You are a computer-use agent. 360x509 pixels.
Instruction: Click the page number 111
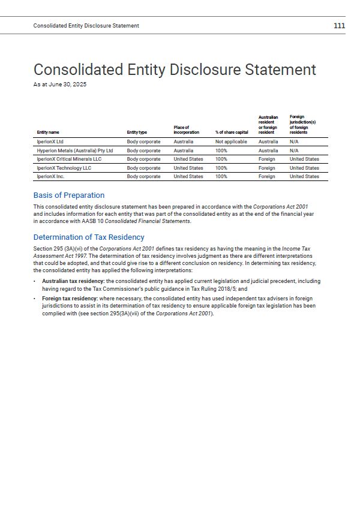[x=339, y=25]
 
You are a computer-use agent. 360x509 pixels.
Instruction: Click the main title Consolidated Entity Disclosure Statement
[x=175, y=70]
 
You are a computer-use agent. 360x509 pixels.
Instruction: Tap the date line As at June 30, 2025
[x=60, y=85]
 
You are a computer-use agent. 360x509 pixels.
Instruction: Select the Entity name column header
[x=48, y=132]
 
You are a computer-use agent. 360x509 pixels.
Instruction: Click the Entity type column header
[x=137, y=132]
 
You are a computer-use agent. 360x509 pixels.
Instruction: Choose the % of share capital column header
[x=232, y=132]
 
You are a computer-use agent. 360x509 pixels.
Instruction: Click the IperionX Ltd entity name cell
[x=50, y=142]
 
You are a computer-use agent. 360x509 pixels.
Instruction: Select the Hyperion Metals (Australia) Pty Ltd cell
[x=75, y=150]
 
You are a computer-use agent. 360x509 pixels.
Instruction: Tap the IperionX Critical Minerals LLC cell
[x=69, y=159]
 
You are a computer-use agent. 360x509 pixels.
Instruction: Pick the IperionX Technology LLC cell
[x=64, y=168]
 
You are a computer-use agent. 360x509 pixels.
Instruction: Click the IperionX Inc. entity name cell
[x=51, y=177]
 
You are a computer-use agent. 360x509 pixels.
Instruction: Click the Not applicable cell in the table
[x=231, y=142]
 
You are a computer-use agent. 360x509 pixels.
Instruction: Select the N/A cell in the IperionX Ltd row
[x=294, y=142]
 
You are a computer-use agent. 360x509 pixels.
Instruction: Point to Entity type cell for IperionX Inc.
[x=143, y=177]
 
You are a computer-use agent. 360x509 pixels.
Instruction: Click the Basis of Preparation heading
[x=69, y=195]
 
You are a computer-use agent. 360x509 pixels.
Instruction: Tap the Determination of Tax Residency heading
[x=89, y=237]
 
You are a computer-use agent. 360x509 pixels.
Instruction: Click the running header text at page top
[x=86, y=26]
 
